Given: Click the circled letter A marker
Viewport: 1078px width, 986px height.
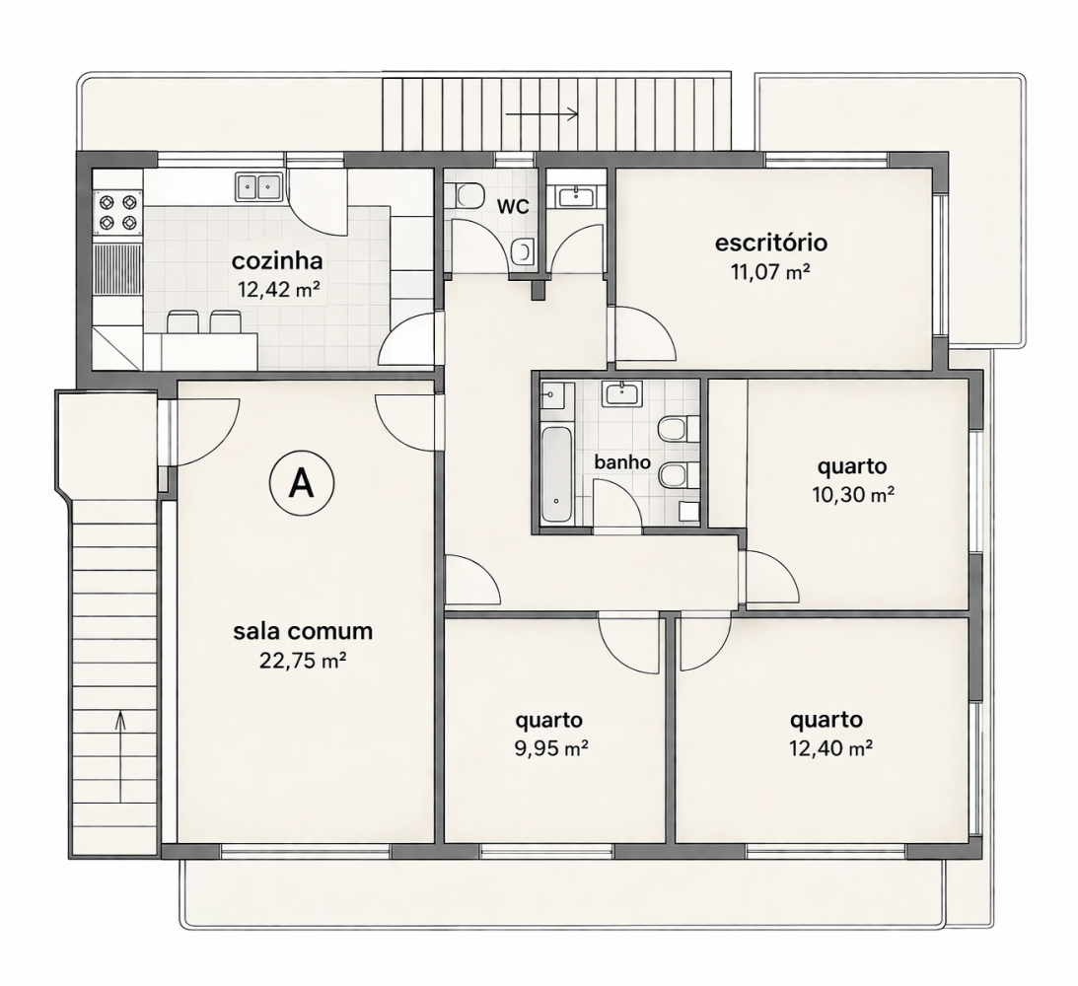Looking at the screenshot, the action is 301,484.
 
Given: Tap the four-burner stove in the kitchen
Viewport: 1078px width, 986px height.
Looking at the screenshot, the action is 117,212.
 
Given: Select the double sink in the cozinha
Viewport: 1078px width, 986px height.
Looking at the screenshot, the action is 258,186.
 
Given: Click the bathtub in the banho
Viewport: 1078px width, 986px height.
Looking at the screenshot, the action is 556,474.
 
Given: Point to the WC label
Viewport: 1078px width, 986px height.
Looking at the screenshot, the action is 513,206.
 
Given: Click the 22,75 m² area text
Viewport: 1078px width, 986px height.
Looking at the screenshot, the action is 303,661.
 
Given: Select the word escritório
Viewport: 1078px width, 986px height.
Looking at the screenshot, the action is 770,243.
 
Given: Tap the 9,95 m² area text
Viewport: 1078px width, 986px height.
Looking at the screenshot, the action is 551,747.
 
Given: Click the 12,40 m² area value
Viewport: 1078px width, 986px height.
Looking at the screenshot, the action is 831,747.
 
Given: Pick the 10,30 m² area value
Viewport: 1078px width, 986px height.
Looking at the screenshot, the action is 853,494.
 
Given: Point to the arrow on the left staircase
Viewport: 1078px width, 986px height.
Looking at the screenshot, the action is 121,756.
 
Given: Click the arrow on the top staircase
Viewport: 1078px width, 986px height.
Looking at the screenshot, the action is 541,114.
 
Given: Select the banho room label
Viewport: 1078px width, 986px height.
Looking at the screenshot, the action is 622,461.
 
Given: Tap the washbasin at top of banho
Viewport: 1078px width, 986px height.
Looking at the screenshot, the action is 622,394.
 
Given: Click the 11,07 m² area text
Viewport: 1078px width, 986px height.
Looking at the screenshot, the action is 770,272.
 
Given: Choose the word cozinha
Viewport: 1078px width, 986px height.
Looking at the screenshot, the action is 277,261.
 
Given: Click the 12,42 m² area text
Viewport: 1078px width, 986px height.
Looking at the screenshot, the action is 278,289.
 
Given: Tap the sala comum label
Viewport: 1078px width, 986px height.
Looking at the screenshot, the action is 303,631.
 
